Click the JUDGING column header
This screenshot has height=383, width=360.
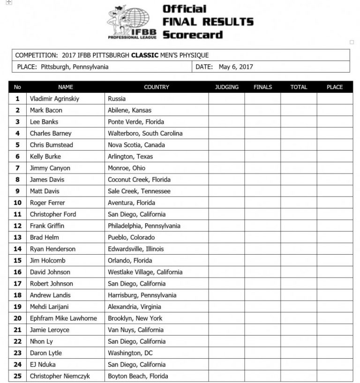pos(226,87)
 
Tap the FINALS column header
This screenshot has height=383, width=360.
pos(262,87)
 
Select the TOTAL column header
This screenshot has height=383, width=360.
pos(299,87)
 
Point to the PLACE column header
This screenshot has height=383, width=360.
pos(335,87)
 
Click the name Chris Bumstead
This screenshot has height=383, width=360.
pos(52,145)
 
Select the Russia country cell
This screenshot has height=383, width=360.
pos(117,99)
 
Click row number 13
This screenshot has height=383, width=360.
pos(18,237)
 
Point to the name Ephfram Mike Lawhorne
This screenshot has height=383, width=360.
pos(63,318)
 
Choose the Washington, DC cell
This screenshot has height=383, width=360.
pos(130,353)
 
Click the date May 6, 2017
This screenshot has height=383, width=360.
pos(236,67)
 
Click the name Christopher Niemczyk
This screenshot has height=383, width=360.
pos(60,376)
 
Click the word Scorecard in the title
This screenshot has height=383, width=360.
pos(193,35)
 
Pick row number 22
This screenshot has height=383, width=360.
pos(18,341)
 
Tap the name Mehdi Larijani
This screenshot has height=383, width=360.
pos(49,307)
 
